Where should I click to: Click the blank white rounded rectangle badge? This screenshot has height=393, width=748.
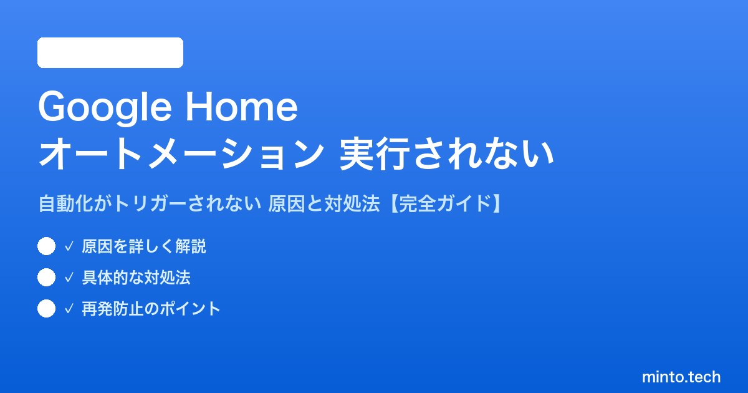pos(110,52)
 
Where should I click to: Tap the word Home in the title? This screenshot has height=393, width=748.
pos(241,107)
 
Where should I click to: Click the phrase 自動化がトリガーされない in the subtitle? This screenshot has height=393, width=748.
pos(150,203)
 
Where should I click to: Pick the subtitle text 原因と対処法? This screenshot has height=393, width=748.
pos(324,203)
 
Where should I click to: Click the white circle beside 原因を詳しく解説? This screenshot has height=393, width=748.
pos(46,246)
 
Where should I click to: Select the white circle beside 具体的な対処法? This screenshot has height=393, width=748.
pos(46,278)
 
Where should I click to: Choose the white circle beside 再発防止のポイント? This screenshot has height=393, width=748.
pos(46,308)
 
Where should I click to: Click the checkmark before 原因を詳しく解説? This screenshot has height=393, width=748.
pos(69,246)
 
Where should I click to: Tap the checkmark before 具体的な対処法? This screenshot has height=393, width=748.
pos(69,278)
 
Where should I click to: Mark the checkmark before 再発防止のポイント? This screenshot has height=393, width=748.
pos(69,309)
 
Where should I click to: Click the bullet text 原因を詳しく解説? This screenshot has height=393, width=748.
pos(144,246)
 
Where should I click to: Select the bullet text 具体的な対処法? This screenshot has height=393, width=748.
pos(137,278)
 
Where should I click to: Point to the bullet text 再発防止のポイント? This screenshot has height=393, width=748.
pos(151,309)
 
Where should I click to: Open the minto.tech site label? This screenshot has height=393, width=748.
pos(681,377)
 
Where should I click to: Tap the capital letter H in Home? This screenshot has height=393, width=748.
pos(199,107)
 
